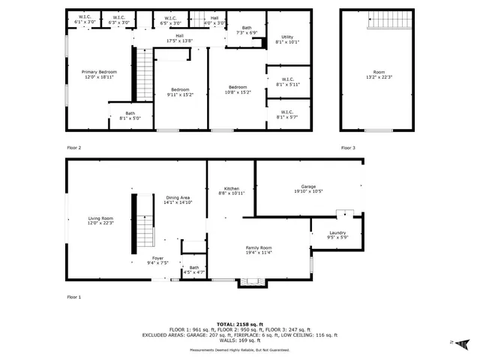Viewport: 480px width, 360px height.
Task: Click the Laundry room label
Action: [337, 235]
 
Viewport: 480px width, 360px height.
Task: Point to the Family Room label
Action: [259, 250]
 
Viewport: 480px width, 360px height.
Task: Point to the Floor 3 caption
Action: [348, 148]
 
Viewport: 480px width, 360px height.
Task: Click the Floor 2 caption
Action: [74, 148]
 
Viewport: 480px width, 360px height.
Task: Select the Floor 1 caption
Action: [74, 298]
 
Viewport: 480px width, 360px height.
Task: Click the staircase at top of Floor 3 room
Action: [388, 20]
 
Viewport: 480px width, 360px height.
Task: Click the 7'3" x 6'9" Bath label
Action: [247, 31]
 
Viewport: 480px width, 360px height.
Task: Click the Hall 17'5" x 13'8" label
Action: [179, 37]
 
